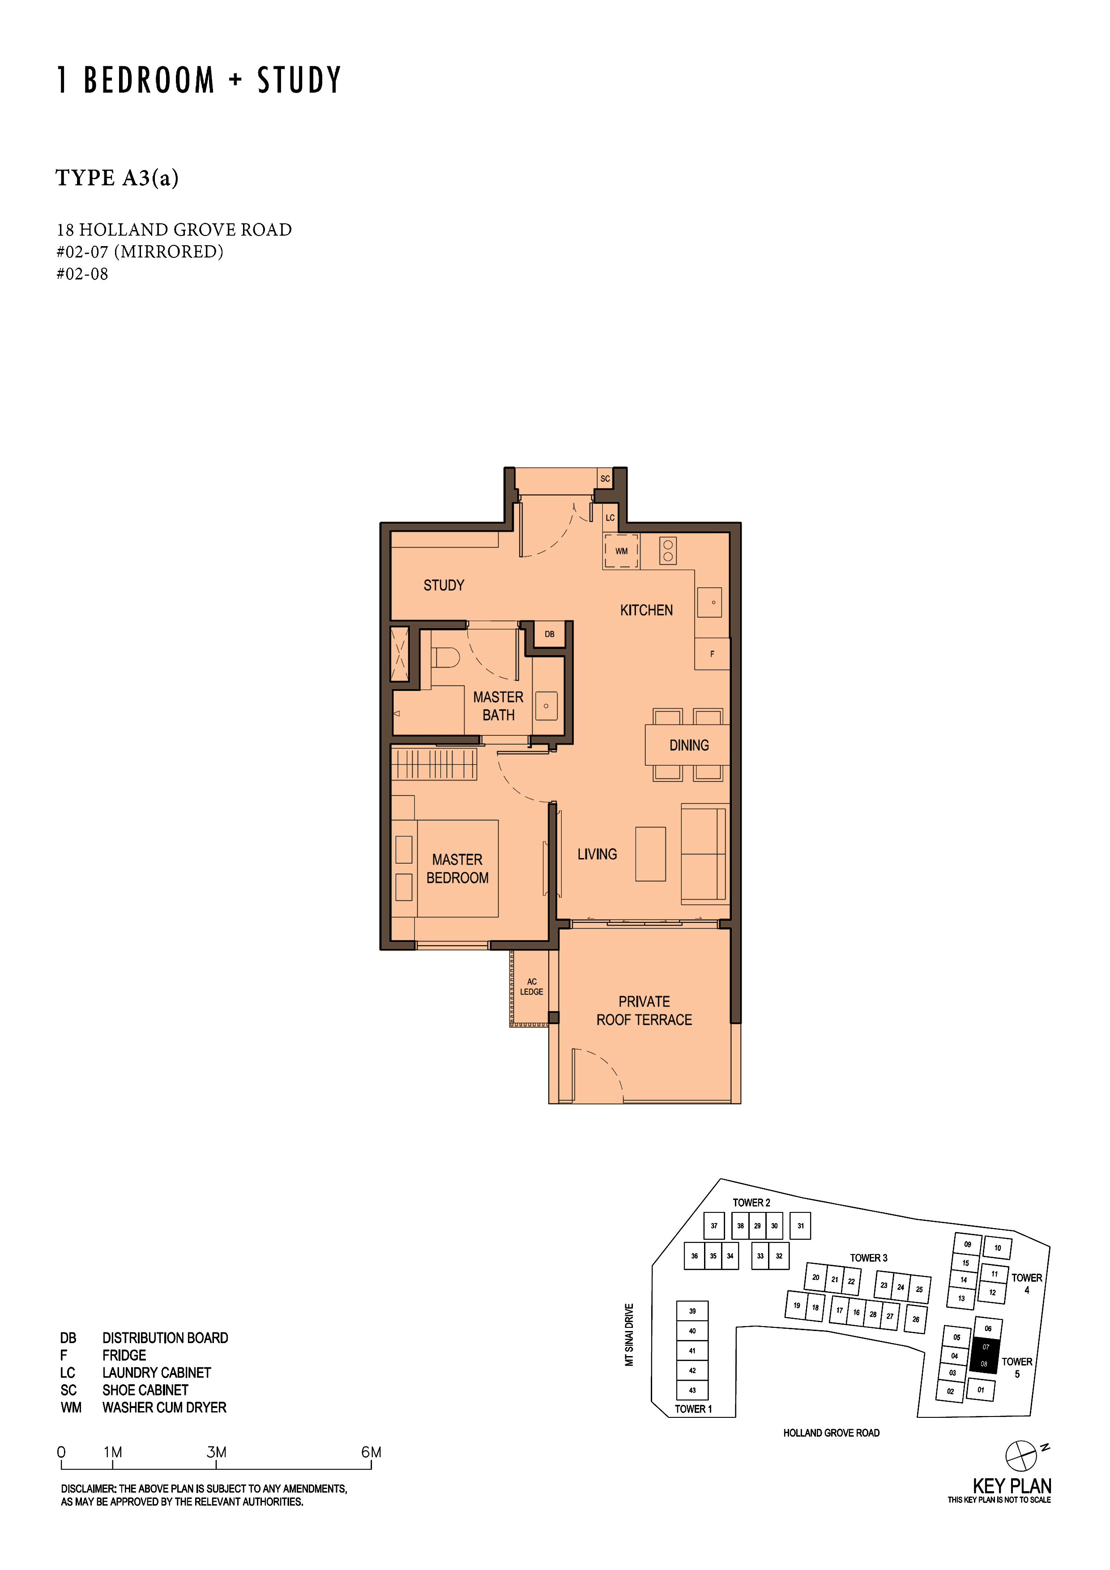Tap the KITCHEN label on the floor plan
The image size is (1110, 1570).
tap(646, 610)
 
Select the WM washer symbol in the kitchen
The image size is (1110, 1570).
tap(621, 551)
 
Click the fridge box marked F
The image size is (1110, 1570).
tap(712, 654)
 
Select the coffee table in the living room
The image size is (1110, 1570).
tap(650, 853)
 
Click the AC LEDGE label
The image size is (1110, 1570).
tap(531, 987)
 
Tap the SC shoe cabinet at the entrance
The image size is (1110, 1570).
tap(605, 479)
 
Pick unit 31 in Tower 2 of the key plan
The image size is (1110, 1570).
tap(800, 1226)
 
